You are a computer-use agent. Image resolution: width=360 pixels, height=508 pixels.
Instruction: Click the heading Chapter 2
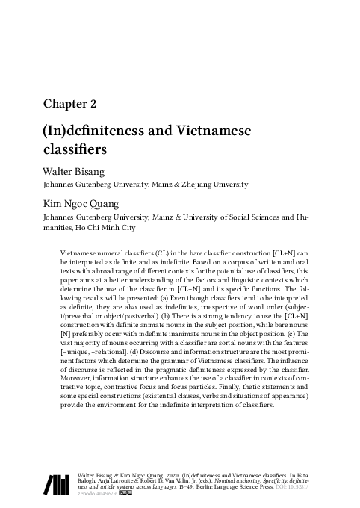pos(69,103)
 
